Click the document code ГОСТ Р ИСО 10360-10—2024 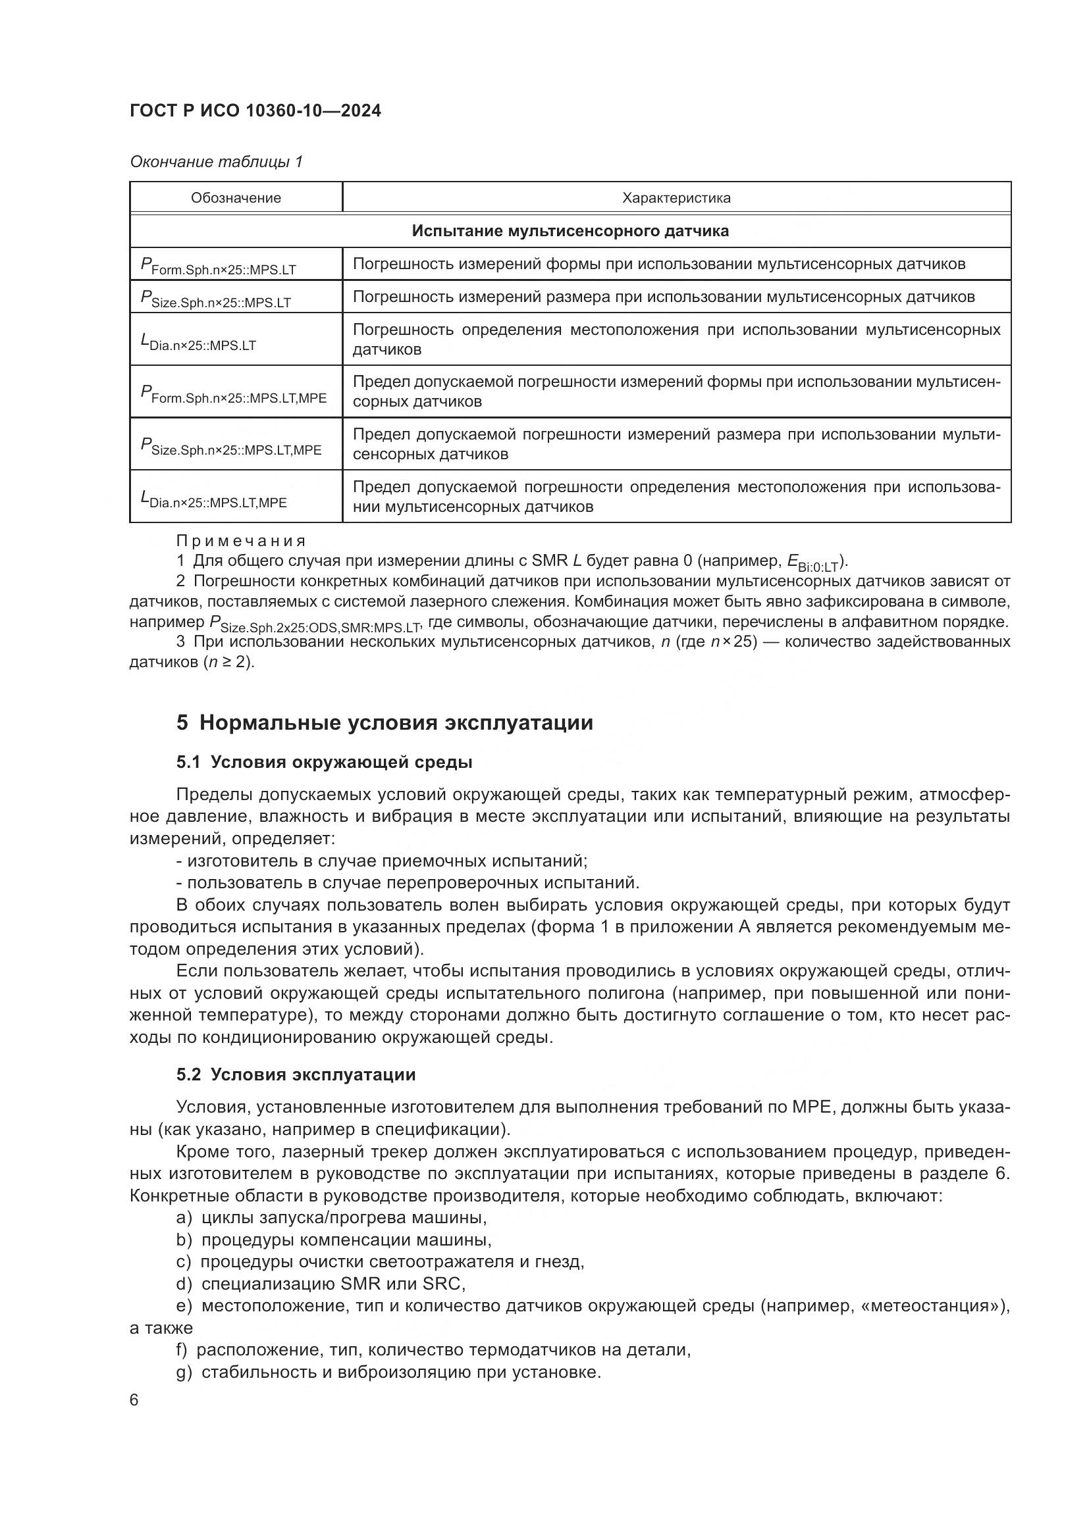click(255, 111)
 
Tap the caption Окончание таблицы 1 click(216, 162)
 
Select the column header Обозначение click(236, 198)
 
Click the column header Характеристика click(676, 198)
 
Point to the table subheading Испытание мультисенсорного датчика click(570, 231)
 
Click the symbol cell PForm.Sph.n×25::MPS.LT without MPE click(219, 266)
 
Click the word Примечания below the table click(241, 541)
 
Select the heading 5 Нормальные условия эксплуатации click(385, 723)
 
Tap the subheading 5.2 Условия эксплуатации click(296, 1074)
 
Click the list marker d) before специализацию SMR click(184, 1284)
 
